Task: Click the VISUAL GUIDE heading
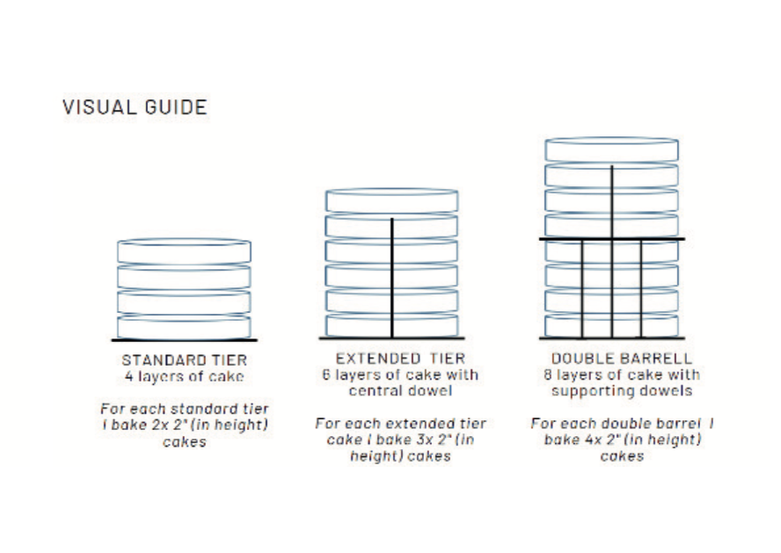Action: point(135,107)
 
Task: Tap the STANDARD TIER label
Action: point(185,360)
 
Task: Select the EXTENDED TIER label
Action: point(400,359)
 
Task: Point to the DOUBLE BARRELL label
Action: point(621,359)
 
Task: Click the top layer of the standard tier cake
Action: point(185,251)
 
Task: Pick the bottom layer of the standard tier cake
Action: point(185,326)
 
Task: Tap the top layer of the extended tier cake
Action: point(391,200)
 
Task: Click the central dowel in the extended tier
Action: point(392,278)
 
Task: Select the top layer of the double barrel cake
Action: point(611,149)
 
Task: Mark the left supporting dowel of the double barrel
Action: point(582,288)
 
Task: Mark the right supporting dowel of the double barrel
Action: point(641,288)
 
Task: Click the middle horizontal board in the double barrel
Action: point(611,239)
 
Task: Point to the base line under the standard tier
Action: point(185,340)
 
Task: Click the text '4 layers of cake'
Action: point(185,376)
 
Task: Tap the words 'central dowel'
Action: point(400,390)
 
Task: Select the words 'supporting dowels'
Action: point(622,390)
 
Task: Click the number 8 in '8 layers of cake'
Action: point(547,375)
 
